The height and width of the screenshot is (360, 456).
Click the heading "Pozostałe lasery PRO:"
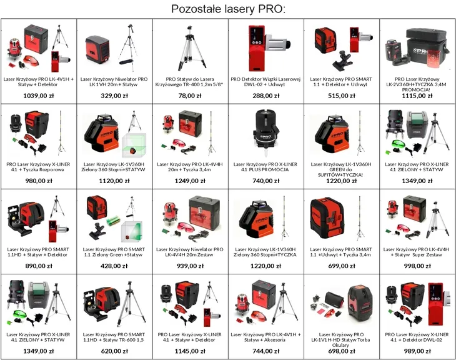pyautogui.click(x=228, y=9)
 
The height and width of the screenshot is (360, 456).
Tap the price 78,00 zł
pyautogui.click(x=190, y=96)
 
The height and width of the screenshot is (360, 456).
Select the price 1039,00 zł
pyautogui.click(x=39, y=96)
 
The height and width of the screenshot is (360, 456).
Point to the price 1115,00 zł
pyautogui.click(x=417, y=96)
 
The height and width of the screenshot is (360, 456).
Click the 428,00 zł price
pyautogui.click(x=114, y=266)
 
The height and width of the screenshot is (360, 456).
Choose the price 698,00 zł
pyautogui.click(x=342, y=351)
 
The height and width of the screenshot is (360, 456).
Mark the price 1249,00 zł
pyautogui.click(x=190, y=181)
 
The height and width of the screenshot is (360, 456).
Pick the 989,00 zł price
pyautogui.click(x=417, y=351)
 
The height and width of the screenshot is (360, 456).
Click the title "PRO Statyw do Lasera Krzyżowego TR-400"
pyautogui.click(x=189, y=82)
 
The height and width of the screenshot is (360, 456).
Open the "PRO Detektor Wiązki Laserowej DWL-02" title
pyautogui.click(x=265, y=82)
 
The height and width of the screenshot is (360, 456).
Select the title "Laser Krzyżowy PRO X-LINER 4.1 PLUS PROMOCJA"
pyautogui.click(x=265, y=167)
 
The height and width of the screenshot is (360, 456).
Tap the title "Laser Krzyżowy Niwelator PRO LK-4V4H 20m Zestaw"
pyautogui.click(x=190, y=252)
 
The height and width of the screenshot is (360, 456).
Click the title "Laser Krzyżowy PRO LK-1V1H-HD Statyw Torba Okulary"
pyautogui.click(x=341, y=339)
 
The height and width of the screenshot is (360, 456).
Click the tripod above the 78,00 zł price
pyautogui.click(x=191, y=48)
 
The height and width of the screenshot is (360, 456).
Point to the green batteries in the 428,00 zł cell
pyautogui.click(x=113, y=221)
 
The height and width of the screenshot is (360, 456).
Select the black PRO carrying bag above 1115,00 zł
pyautogui.click(x=427, y=46)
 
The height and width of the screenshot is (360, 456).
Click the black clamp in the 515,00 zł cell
pyautogui.click(x=343, y=61)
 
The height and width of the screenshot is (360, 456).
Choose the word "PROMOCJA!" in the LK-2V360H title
pyautogui.click(x=417, y=89)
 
